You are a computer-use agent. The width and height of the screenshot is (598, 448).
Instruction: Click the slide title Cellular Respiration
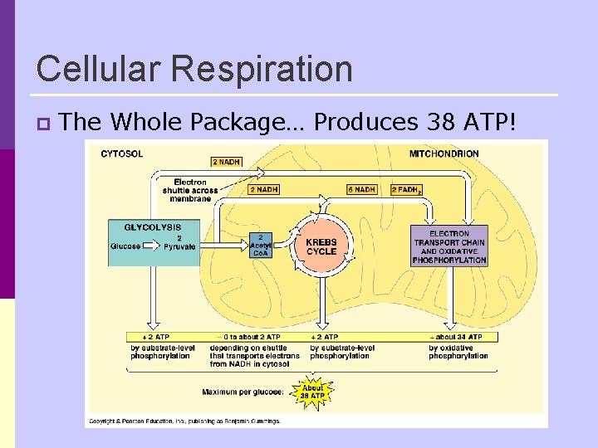194,69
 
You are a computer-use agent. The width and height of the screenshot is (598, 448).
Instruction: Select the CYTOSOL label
122,153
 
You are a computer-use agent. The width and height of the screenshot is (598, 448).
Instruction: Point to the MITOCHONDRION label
444,153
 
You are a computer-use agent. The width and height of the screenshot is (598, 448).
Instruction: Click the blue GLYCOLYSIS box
154,241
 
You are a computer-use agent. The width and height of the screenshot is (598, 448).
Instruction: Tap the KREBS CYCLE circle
321,246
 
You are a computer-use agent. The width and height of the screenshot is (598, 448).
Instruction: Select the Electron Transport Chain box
449,246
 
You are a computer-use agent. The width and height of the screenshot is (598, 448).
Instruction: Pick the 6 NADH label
361,190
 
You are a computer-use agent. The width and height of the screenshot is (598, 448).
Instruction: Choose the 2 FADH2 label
407,190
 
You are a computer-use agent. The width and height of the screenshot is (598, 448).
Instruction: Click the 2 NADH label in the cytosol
226,162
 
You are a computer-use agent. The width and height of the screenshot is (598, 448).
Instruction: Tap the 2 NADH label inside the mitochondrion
264,190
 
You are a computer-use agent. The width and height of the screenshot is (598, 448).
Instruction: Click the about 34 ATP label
456,337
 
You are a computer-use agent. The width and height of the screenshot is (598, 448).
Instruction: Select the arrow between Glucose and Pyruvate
151,246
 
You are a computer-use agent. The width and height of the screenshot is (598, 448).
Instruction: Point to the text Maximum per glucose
243,392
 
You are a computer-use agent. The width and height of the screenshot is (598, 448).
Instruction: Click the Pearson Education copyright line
186,421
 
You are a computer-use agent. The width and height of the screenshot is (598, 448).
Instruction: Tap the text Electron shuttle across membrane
190,190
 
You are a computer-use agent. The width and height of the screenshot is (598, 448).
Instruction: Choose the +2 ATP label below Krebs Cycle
324,337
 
